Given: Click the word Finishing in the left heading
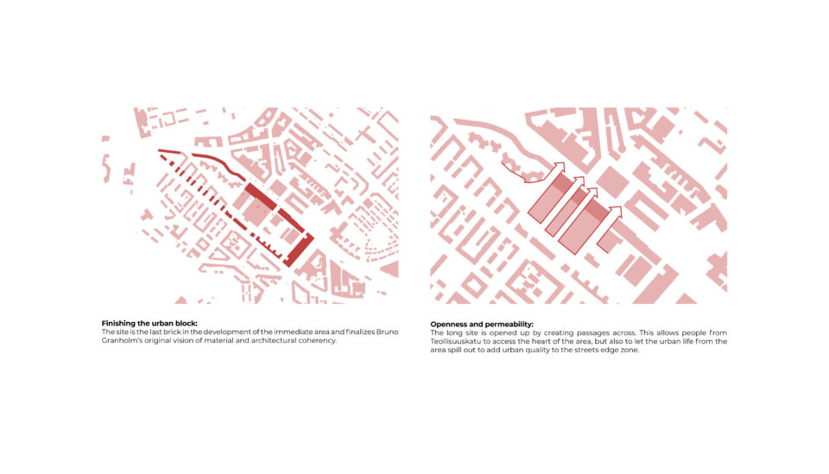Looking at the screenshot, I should click(117, 324).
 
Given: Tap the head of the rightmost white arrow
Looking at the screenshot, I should click(617, 211).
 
